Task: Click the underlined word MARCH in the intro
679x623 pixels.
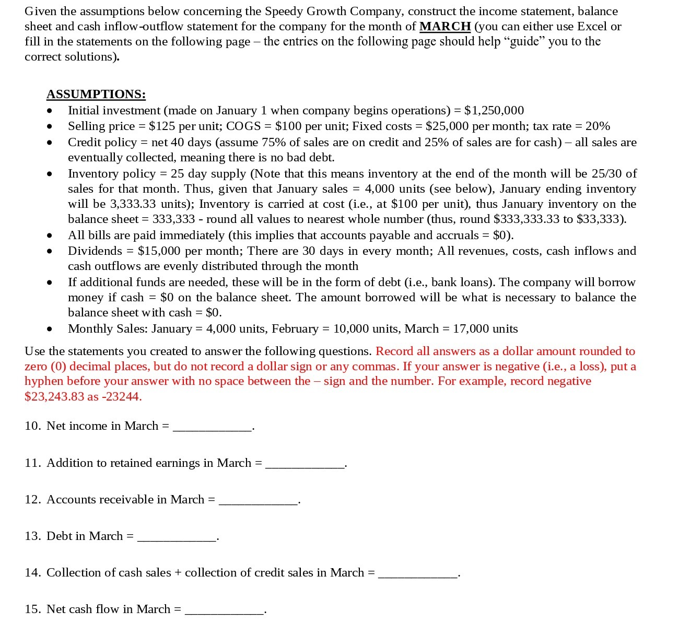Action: click(445, 26)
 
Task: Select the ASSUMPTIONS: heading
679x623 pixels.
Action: click(96, 94)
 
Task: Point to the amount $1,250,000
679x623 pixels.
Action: click(494, 110)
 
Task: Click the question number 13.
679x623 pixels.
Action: click(32, 536)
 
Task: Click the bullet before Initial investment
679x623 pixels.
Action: click(50, 111)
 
